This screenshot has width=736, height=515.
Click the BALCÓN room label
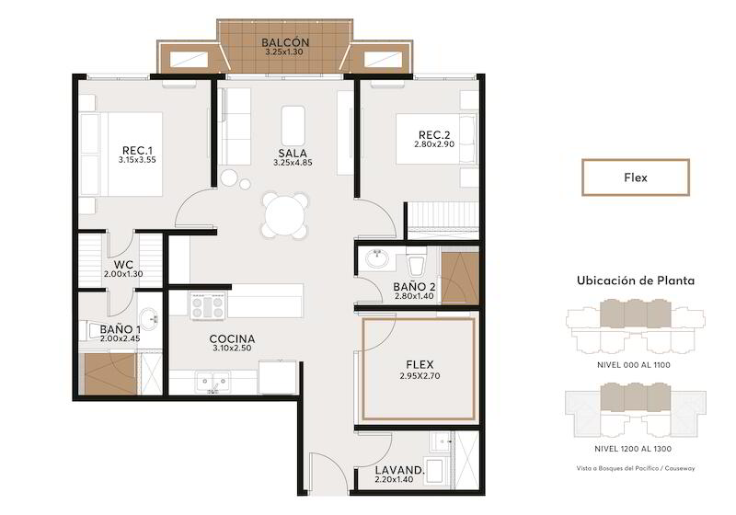tap(285, 42)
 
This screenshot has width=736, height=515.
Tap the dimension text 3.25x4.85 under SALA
tap(293, 163)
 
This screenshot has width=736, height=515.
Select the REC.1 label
tap(137, 151)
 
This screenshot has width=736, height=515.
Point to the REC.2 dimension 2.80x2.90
tap(433, 144)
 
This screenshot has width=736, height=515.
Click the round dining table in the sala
tap(285, 215)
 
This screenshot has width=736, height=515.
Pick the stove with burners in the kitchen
tap(208, 305)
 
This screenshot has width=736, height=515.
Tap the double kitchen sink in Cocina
tap(213, 382)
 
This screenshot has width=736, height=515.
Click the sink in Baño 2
tap(377, 258)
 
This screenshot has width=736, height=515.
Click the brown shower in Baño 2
tap(460, 279)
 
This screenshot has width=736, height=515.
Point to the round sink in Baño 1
tap(149, 319)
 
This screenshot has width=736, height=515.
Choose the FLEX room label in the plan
tap(420, 364)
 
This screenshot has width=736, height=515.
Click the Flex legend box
tap(636, 177)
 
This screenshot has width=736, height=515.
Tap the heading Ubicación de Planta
tap(636, 280)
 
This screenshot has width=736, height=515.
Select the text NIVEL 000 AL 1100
tap(634, 365)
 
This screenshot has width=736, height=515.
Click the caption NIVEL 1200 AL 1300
tap(633, 449)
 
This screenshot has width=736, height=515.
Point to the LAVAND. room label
tap(399, 470)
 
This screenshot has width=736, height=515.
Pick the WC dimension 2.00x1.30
tap(123, 274)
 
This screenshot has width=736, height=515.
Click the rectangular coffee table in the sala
tap(293, 126)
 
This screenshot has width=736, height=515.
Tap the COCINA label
tap(233, 338)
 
